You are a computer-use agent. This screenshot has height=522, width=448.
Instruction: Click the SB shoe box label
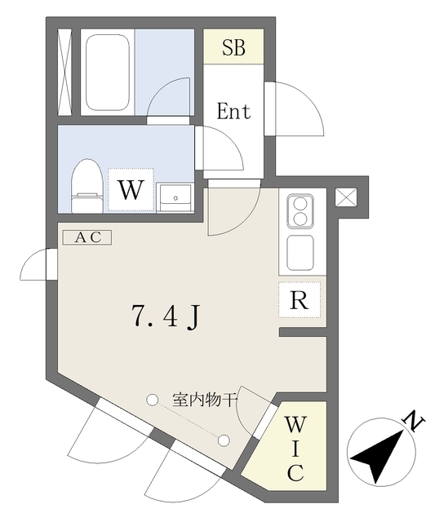(233, 47)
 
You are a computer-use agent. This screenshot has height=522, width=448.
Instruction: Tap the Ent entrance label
(233, 111)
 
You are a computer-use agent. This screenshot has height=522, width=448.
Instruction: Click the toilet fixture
(87, 186)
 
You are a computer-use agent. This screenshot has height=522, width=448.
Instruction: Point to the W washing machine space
(131, 190)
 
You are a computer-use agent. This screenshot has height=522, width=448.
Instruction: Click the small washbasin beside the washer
(175, 197)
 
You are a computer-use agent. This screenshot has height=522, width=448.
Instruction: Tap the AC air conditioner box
(87, 237)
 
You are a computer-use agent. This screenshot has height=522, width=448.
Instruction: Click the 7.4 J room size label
(166, 316)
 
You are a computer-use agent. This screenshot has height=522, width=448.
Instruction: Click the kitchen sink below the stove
(300, 253)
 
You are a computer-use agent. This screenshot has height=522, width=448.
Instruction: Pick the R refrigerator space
(299, 299)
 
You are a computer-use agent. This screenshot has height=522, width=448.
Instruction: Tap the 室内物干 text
(205, 399)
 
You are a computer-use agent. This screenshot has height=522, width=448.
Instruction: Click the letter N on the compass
(414, 422)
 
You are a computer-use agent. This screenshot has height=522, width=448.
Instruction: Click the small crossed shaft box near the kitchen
(346, 197)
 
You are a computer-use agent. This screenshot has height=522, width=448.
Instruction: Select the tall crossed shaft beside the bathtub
(64, 73)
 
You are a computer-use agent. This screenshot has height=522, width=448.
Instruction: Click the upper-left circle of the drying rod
(152, 400)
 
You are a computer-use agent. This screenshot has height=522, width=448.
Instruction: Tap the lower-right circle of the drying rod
(224, 440)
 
